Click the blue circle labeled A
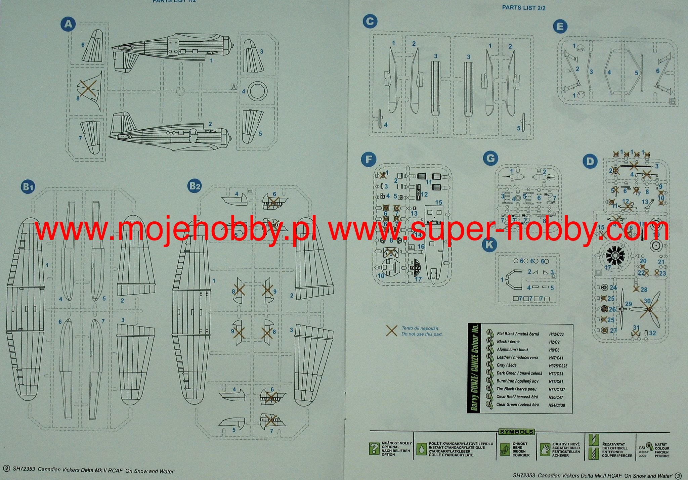pos(68,24)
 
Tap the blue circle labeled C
pos(370,22)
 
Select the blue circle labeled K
pos(489,244)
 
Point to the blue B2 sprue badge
pos(195,186)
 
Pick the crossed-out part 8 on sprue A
pos(88,89)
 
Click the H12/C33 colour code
pos(556,334)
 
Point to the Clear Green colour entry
pos(517,405)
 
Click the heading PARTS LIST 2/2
pos(523,7)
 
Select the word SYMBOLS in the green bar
pos(516,432)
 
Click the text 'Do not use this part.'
pos(422,334)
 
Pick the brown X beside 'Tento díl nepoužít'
pos(392,331)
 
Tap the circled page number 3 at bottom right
pos(678,476)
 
